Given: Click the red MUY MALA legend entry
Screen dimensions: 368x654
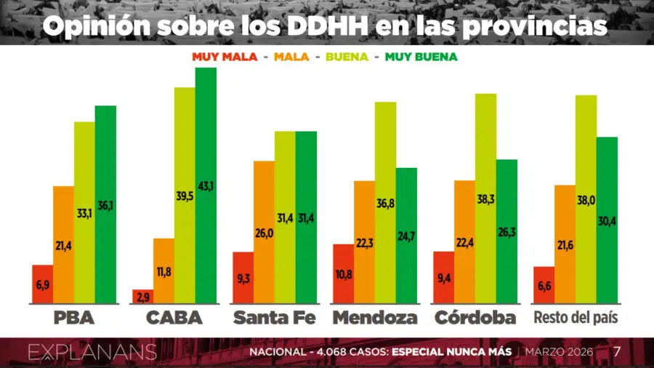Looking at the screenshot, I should click(225, 56).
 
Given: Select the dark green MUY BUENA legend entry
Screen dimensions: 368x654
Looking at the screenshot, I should click(421, 56).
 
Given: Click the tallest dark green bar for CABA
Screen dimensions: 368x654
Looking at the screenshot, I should click(206, 185).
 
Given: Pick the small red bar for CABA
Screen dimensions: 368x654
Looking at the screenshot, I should click(143, 296).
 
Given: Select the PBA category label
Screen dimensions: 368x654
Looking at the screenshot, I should click(74, 319).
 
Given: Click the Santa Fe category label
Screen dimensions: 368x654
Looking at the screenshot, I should click(274, 319).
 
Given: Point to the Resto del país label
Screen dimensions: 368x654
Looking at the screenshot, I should click(576, 319).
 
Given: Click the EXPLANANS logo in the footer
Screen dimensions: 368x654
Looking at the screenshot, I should click(92, 353).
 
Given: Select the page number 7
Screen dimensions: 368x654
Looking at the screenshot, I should click(617, 352).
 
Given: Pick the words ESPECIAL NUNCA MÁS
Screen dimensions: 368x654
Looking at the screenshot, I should click(451, 353).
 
